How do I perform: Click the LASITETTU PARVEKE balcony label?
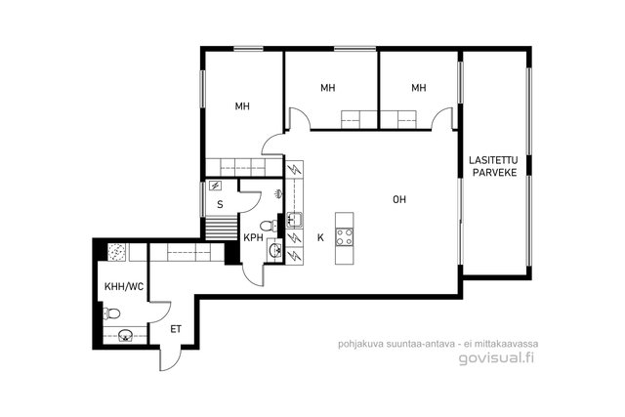click(x=493, y=167)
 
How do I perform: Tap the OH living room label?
click(x=399, y=199)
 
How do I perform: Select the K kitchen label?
click(x=320, y=238)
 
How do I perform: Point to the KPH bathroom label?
click(x=254, y=237)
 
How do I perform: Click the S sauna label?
click(x=220, y=205)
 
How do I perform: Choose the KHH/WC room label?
click(x=124, y=286)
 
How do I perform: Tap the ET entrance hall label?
click(x=176, y=329)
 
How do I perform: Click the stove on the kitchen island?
click(x=344, y=236)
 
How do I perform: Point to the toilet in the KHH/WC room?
click(x=111, y=313)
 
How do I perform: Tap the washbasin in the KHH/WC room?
click(x=126, y=335)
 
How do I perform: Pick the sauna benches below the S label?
click(x=222, y=229)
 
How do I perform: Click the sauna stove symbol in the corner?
click(x=215, y=185)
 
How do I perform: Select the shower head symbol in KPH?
click(x=278, y=193)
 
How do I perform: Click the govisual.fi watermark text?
click(x=496, y=357)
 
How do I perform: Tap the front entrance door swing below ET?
click(x=168, y=359)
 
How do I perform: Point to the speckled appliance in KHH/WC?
click(x=117, y=253)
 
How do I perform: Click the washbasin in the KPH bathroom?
click(x=275, y=251)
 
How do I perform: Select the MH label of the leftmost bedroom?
click(x=242, y=106)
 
